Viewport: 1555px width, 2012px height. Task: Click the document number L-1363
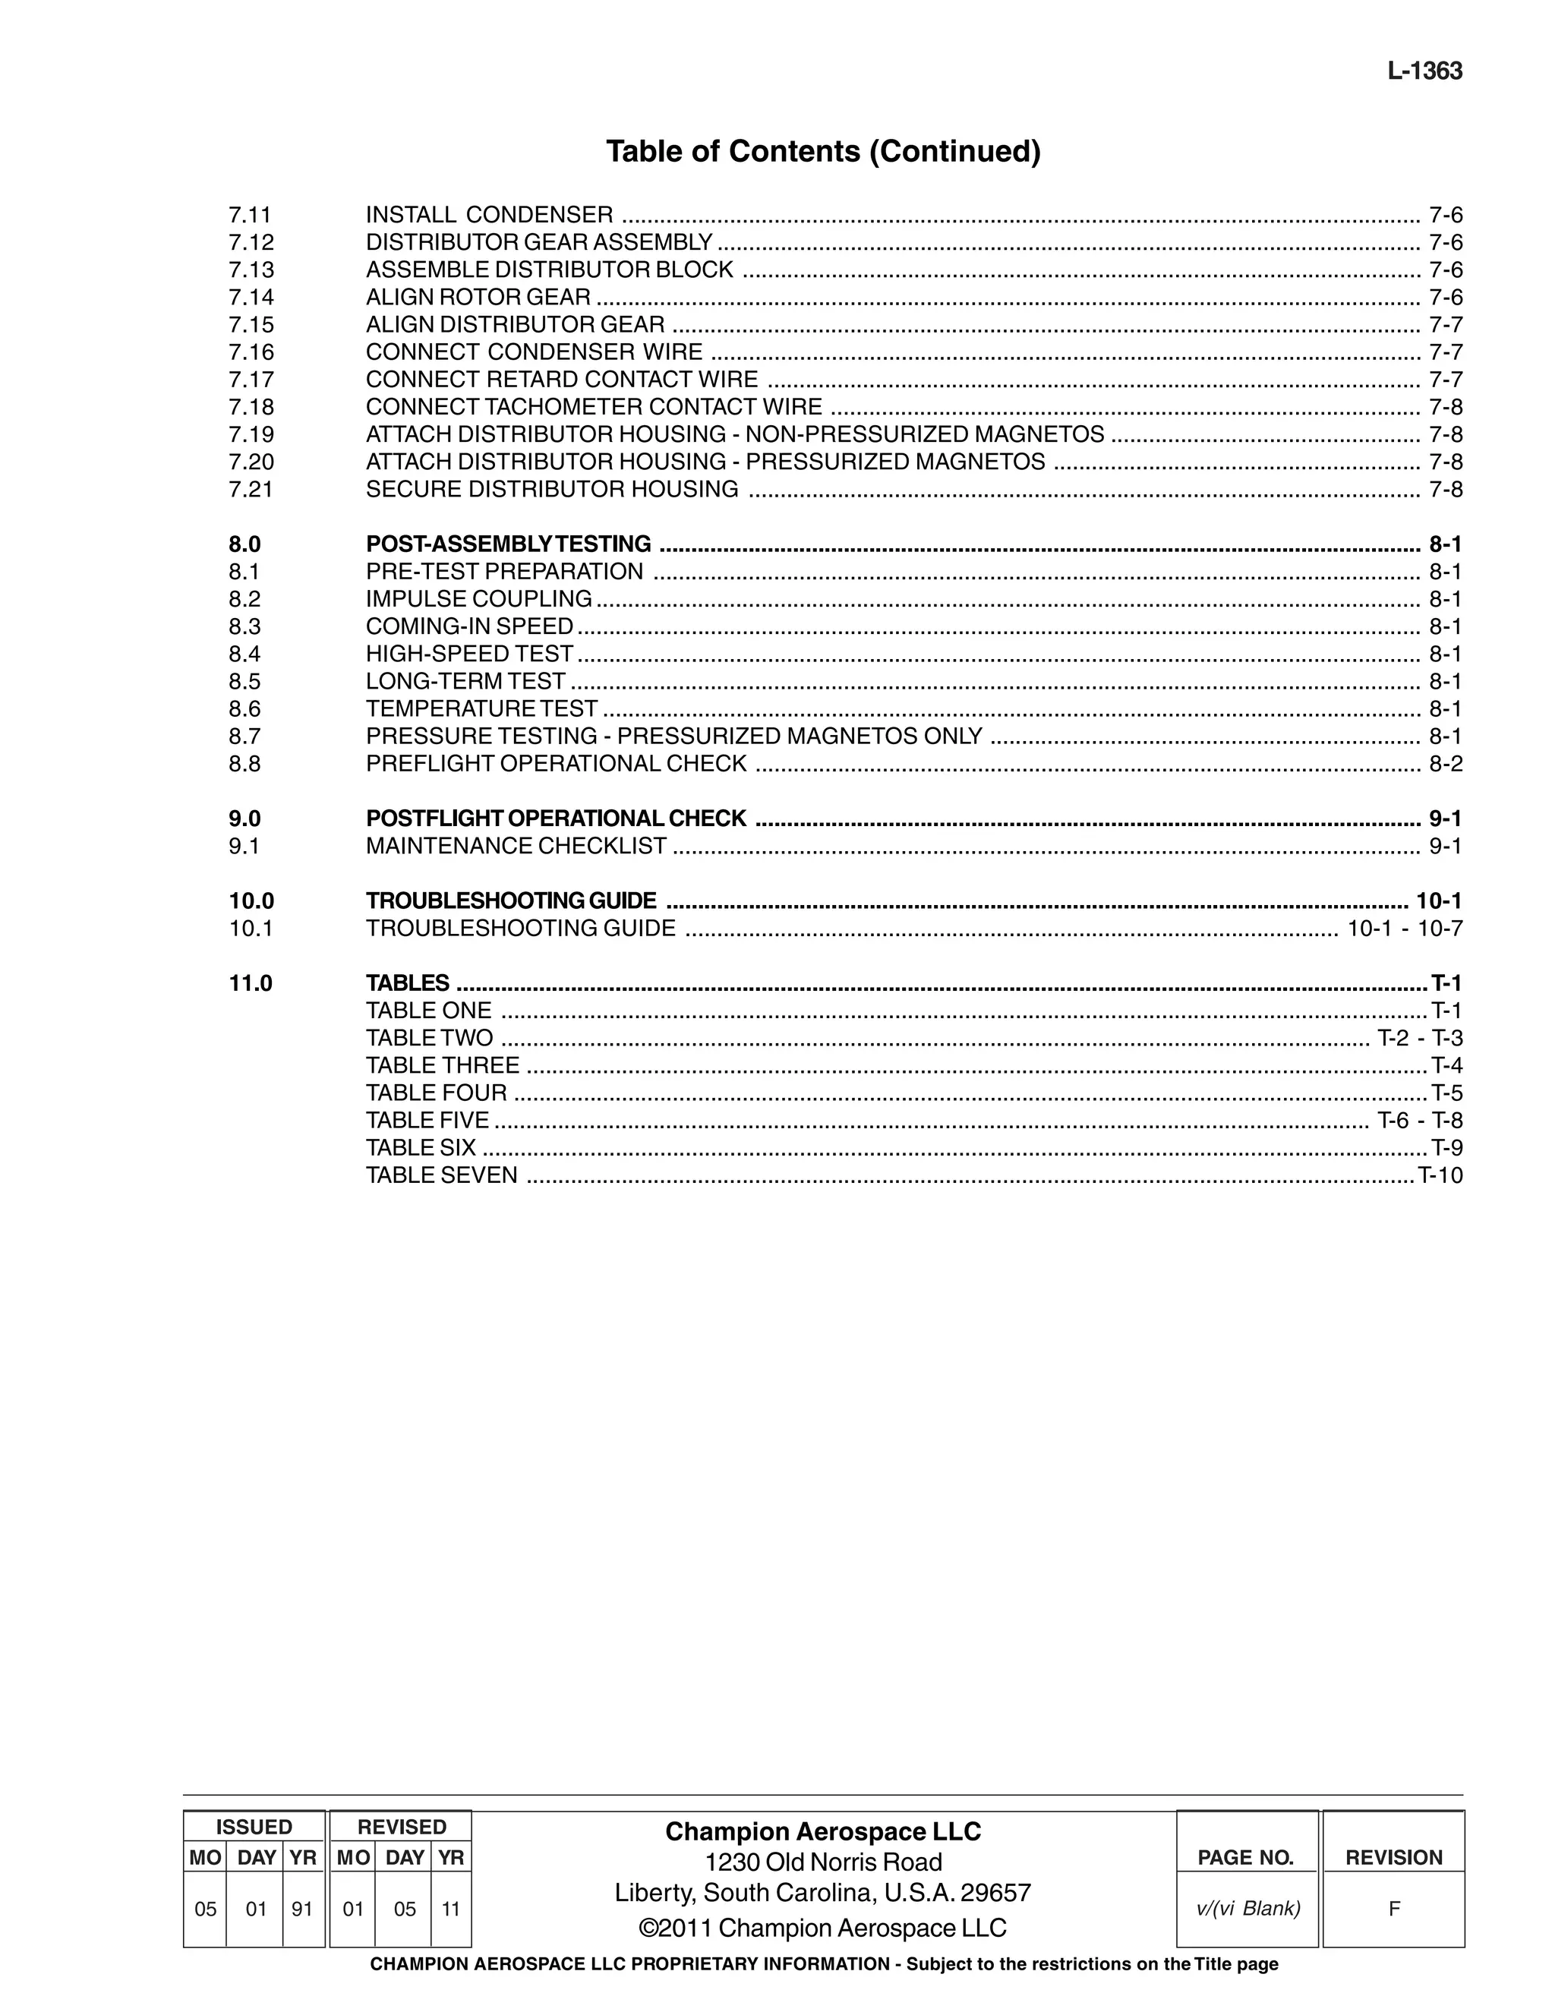[1424, 71]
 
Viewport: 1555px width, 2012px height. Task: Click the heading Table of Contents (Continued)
[822, 151]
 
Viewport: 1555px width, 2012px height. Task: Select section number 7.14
[251, 297]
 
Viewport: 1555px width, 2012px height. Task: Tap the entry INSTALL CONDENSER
[488, 215]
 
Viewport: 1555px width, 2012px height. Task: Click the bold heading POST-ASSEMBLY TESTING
[508, 544]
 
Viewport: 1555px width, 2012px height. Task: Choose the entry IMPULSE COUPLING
[478, 599]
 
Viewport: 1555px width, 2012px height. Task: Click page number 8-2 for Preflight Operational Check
[1444, 764]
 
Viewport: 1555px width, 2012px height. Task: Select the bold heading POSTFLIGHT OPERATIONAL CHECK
[556, 818]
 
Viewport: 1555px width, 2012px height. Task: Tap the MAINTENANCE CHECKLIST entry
[516, 846]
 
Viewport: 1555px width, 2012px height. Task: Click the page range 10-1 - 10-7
[1404, 928]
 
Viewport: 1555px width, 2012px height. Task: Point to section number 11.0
[251, 983]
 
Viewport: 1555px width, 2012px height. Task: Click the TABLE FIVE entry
[427, 1120]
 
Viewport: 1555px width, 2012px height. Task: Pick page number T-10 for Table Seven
[1440, 1175]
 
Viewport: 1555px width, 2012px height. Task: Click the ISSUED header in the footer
[254, 1826]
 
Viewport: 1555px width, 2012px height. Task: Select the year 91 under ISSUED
[302, 1909]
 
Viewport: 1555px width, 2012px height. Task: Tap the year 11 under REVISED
[450, 1909]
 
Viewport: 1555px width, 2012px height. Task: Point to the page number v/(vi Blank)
[1247, 1909]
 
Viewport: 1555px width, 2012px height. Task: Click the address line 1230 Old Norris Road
[822, 1862]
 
